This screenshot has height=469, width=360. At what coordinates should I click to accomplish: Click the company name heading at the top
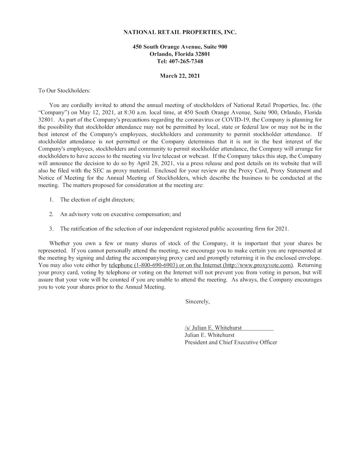tap(180, 32)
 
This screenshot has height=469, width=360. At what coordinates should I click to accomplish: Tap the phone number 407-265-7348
tap(186, 61)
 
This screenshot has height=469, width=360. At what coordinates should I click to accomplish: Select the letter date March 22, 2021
tap(180, 76)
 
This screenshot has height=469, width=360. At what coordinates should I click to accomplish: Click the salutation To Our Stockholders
tap(64, 91)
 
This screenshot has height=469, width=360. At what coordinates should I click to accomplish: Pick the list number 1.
tap(51, 200)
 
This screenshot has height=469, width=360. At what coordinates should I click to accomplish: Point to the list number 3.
tap(51, 229)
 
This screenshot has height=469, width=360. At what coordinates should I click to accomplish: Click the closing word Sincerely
tap(197, 301)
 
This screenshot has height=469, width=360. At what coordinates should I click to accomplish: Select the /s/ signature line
tap(213, 328)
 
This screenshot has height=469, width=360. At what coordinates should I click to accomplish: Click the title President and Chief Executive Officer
tap(231, 342)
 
